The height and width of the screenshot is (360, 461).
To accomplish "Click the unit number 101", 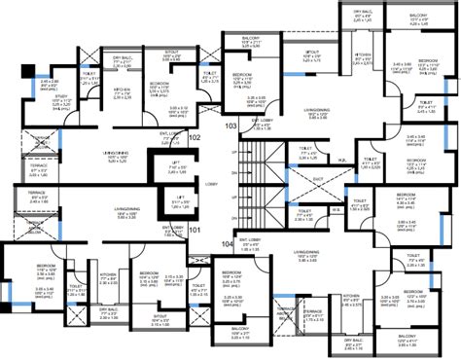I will pyautogui.click(x=194, y=232).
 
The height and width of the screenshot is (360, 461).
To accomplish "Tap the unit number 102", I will pyautogui.click(x=194, y=137).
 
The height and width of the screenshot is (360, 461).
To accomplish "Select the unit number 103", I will pyautogui.click(x=230, y=126).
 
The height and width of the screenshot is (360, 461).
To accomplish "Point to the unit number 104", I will pyautogui.click(x=227, y=243).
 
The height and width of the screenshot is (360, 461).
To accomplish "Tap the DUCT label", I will pyautogui.click(x=318, y=179).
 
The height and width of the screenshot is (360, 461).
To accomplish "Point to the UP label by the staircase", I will pyautogui.click(x=234, y=155).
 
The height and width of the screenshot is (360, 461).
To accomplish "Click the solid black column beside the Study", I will pyautogui.click(x=25, y=70).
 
